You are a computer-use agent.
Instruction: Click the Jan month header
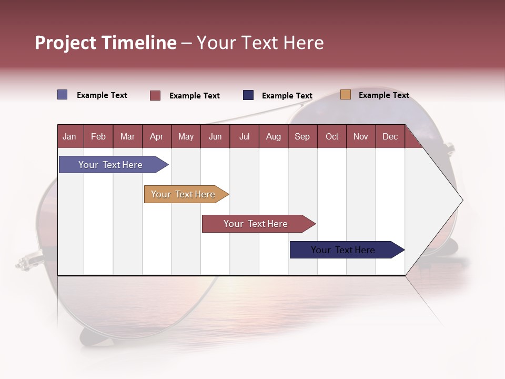coord(69,136)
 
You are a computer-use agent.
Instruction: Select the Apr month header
coord(156,136)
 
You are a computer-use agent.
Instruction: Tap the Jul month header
coord(244,136)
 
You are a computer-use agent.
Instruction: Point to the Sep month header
coord(302,136)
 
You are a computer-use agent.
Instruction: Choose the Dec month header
coord(390,136)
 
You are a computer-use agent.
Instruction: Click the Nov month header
coord(360,136)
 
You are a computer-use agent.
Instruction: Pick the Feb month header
coord(98,136)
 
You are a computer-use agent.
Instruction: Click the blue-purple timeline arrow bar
coord(110,165)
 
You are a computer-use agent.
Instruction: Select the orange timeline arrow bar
coord(183,194)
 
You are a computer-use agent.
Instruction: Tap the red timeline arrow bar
coord(256,224)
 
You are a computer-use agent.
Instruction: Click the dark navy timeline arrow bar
coord(343,250)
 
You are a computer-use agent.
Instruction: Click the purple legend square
coord(63,95)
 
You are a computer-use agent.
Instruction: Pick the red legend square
coord(155,95)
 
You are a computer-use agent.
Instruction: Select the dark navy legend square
coord(248,95)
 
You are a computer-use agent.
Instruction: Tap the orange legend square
coord(346,95)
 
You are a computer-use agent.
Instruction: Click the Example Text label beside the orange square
coord(383,95)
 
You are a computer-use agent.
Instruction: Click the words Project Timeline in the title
coord(106,43)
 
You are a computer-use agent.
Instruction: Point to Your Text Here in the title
coord(260,43)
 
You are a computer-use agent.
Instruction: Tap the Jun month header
coord(215,136)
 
